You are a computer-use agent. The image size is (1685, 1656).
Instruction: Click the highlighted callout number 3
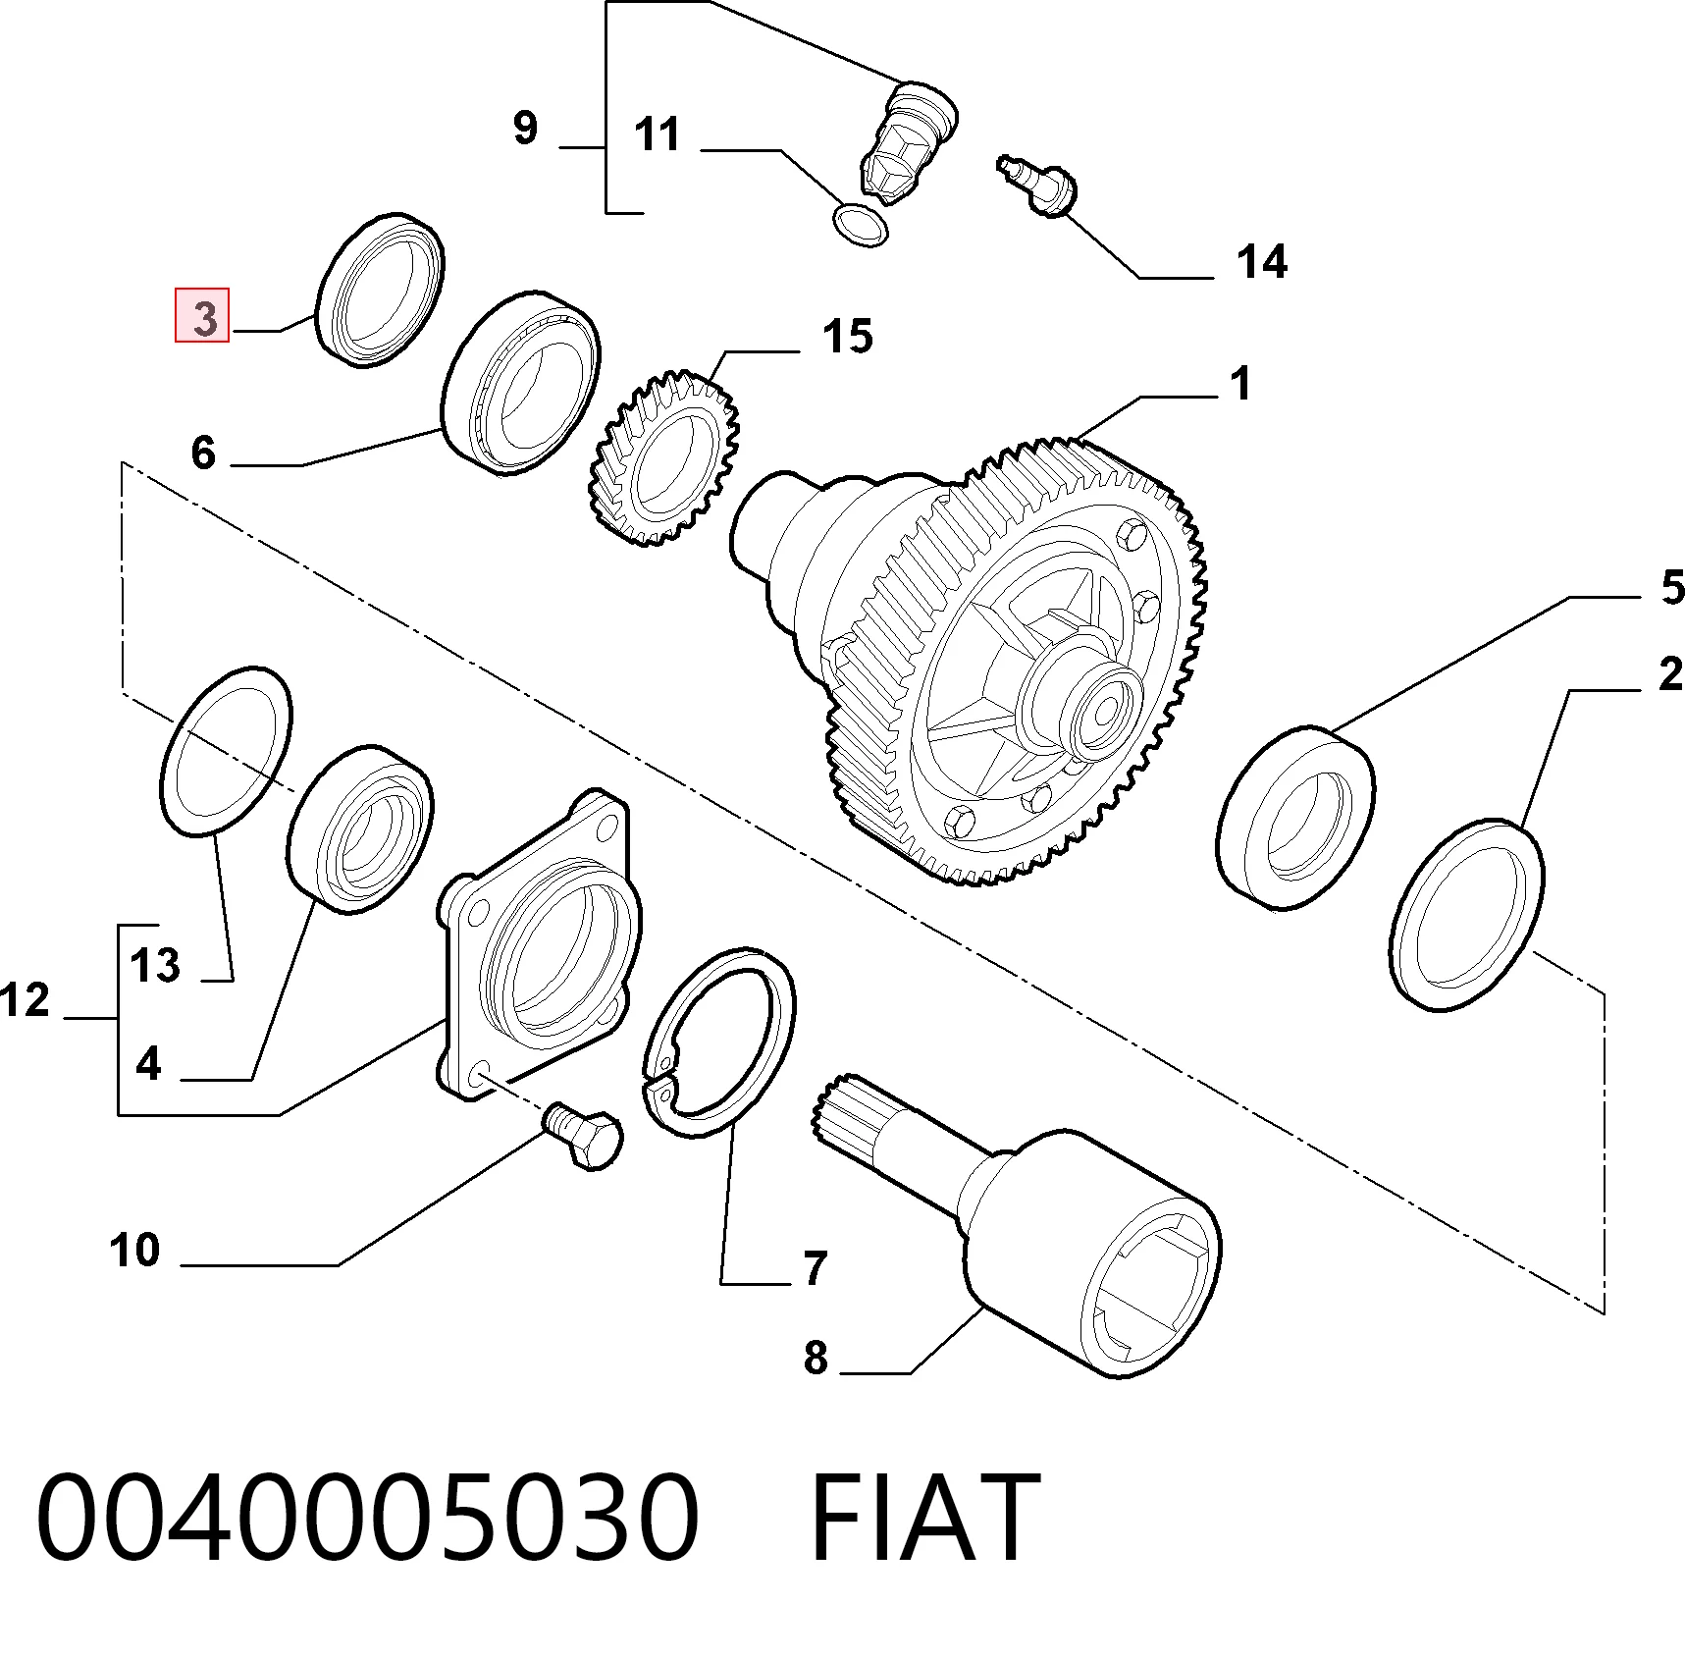coord(203,316)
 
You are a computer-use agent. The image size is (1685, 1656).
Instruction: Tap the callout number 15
coord(849,336)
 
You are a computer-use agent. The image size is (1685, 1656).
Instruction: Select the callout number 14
coord(1262,262)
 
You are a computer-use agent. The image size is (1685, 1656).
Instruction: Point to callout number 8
coord(816,1358)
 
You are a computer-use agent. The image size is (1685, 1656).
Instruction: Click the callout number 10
coord(134,1251)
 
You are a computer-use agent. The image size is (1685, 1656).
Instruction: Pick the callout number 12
coord(26,1000)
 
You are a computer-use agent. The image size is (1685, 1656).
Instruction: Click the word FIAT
coord(924,1518)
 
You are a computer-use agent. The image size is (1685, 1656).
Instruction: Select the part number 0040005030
coord(368,1518)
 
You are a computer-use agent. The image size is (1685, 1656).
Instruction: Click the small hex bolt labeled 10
coord(583,1136)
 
